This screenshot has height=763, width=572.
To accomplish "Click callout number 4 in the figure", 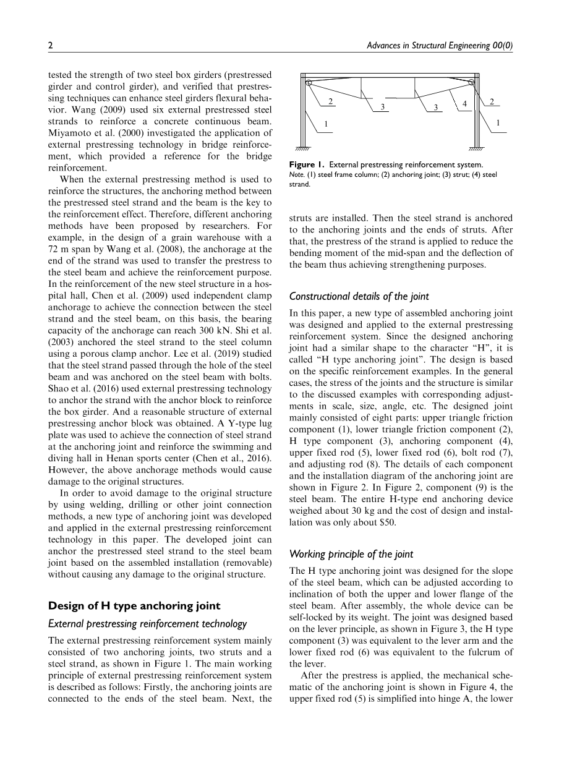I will coord(464,104).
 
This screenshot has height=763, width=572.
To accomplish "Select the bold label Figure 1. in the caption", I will coord(307,164).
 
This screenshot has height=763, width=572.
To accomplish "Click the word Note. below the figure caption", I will coord(296,174).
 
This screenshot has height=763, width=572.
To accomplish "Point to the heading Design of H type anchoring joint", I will coord(134,605).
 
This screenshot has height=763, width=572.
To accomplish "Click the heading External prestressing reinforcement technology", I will coord(147,624).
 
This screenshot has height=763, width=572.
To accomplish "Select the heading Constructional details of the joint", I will coord(359,296).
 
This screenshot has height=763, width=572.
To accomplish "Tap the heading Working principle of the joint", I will coord(351,553).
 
